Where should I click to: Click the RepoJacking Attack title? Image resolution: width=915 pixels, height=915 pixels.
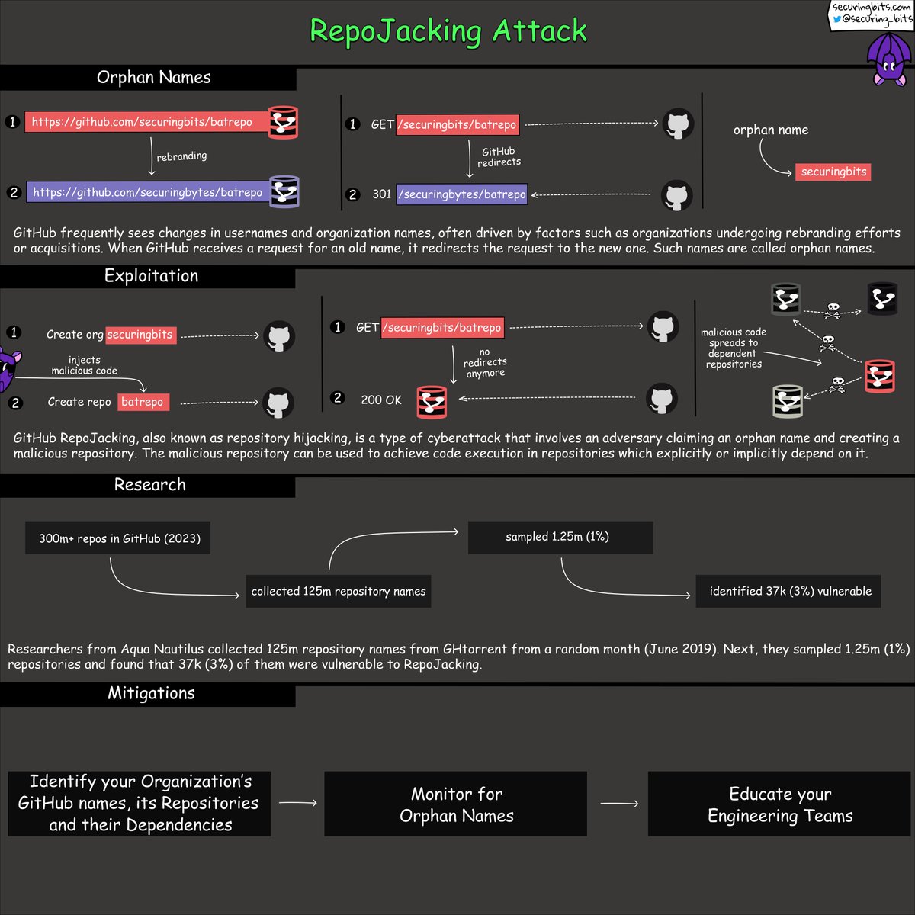click(448, 30)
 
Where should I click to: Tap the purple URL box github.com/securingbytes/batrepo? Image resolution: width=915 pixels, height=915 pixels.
click(148, 192)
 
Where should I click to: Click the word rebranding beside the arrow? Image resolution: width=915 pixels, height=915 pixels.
click(181, 156)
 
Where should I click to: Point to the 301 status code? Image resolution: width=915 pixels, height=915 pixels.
click(381, 194)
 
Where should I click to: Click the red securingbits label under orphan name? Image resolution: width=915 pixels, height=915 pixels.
click(833, 172)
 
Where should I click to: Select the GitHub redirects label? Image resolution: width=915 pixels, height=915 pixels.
click(499, 157)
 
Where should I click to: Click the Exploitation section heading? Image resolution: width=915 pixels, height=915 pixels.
click(151, 276)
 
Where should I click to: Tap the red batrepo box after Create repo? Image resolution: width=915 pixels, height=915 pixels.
click(143, 402)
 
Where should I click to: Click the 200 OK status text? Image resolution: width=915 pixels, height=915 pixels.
click(381, 400)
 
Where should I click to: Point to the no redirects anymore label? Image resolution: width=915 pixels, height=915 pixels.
click(485, 363)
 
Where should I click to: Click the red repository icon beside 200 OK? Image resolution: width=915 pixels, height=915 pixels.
click(432, 402)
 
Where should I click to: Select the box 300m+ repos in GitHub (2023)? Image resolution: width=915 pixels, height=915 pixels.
click(118, 538)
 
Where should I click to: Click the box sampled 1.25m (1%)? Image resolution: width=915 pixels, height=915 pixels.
click(560, 537)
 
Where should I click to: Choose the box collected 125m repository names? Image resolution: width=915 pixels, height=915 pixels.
click(339, 591)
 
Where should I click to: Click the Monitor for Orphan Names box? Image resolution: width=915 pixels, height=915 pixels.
click(456, 804)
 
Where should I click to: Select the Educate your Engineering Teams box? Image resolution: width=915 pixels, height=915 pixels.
click(779, 804)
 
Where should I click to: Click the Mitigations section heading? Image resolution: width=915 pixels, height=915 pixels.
click(151, 693)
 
